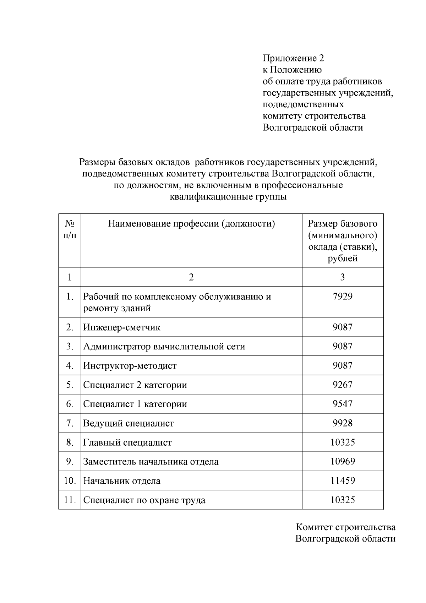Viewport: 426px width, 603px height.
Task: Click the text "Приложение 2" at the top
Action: pyautogui.click(x=293, y=58)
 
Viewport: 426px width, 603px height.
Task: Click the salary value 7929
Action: pyautogui.click(x=342, y=296)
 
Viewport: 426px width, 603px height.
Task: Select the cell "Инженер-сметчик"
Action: pyautogui.click(x=122, y=327)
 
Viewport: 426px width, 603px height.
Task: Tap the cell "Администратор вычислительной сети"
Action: pyautogui.click(x=164, y=347)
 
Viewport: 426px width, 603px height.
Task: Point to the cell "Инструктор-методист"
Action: pyautogui.click(x=130, y=366)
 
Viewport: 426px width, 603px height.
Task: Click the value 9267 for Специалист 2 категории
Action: pyautogui.click(x=342, y=385)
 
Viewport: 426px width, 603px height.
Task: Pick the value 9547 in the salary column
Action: pyautogui.click(x=342, y=404)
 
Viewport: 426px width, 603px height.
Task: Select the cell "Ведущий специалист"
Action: pyautogui.click(x=129, y=423)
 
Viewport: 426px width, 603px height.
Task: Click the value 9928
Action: pyautogui.click(x=342, y=423)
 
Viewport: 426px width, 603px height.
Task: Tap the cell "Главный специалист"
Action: pyautogui.click(x=127, y=442)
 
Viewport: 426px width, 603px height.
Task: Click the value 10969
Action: pyautogui.click(x=342, y=461)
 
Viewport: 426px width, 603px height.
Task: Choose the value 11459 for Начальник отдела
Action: pyautogui.click(x=342, y=480)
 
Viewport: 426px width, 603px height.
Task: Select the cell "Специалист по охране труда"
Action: pyautogui.click(x=144, y=500)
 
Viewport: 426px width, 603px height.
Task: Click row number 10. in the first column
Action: pyautogui.click(x=70, y=481)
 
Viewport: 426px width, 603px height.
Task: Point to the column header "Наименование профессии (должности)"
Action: pyautogui.click(x=191, y=224)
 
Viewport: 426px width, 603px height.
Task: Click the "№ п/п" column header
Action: pyautogui.click(x=70, y=229)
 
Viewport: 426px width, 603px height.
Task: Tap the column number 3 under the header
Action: pyautogui.click(x=342, y=277)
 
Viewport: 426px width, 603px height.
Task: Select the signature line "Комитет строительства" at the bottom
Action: pyautogui.click(x=345, y=527)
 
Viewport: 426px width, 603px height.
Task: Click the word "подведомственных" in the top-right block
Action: pyautogui.click(x=303, y=104)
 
